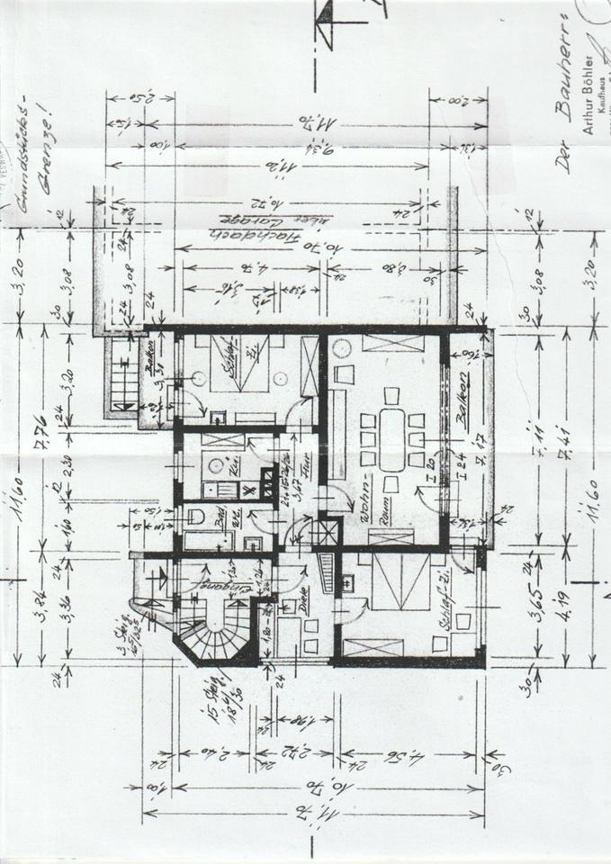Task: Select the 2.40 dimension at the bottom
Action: (212, 754)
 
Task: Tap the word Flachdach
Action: (270, 233)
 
